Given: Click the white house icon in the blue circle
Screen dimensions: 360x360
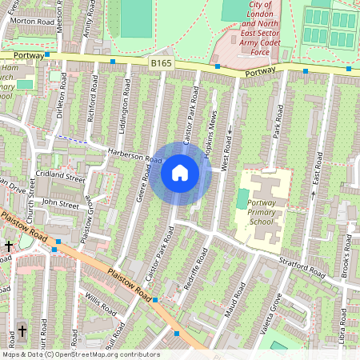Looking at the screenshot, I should (x=180, y=173).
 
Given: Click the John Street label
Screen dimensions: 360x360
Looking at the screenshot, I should (x=60, y=205).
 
